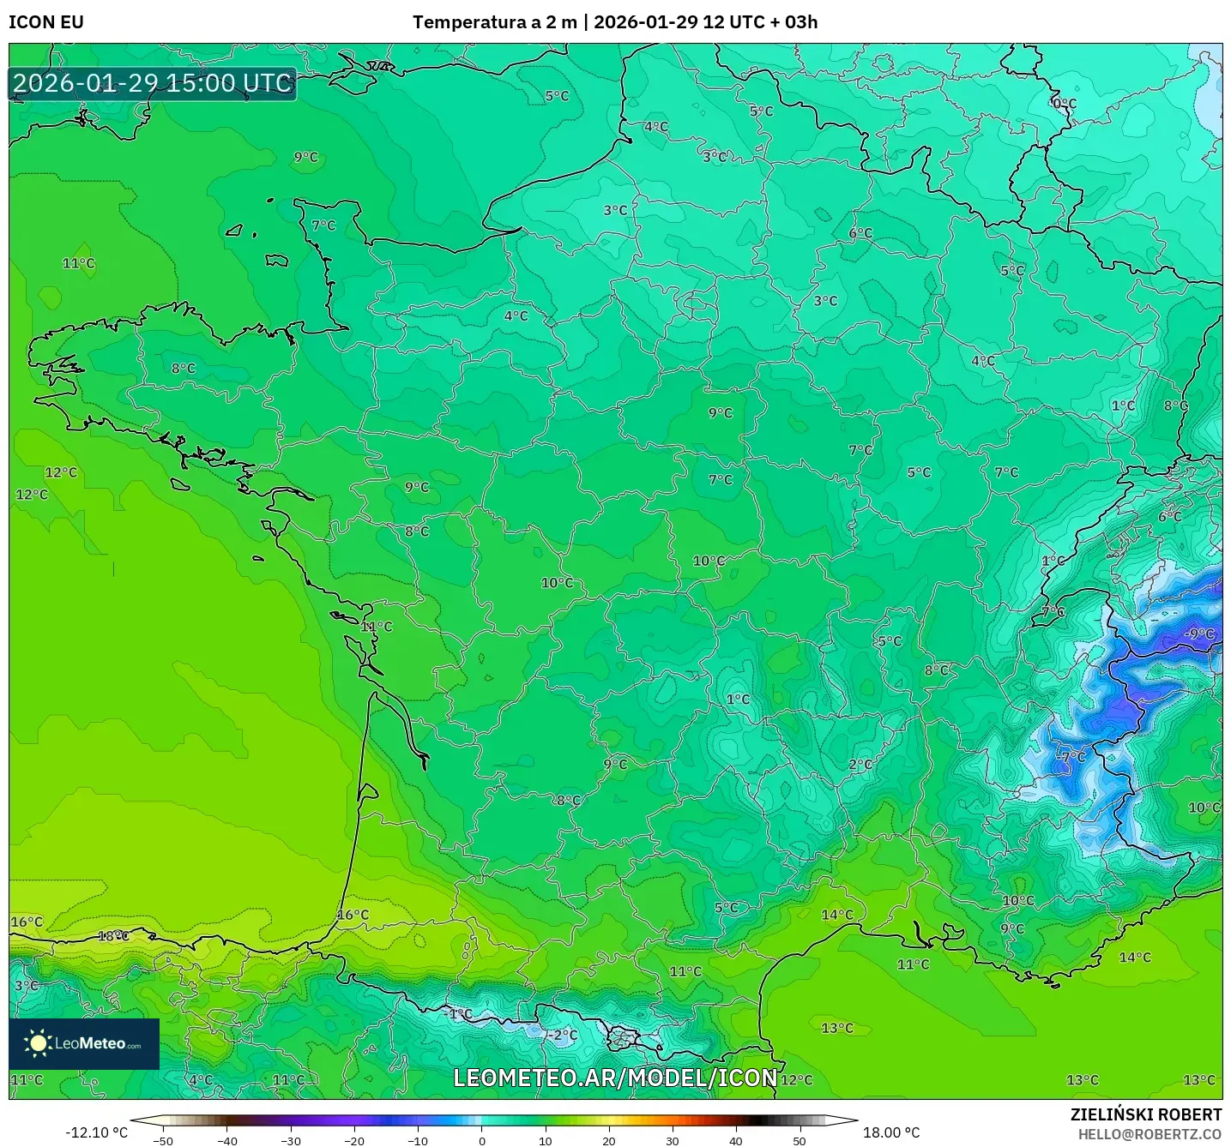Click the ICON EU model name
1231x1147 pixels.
46,22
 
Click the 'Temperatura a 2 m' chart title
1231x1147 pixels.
494,22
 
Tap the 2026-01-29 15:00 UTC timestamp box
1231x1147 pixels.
153,84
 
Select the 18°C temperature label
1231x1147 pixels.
113,936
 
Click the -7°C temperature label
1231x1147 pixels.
1072,757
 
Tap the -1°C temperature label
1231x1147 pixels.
458,1014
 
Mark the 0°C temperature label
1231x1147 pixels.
1064,104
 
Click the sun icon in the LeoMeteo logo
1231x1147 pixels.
38,1043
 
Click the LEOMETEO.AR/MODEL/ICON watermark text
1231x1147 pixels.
615,1078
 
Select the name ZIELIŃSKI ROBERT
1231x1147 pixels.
1145,1115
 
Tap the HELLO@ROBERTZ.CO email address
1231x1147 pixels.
1150,1134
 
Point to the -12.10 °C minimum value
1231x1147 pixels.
96,1132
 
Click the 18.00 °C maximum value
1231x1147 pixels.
891,1132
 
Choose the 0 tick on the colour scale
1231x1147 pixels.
482,1141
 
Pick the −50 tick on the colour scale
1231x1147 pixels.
163,1141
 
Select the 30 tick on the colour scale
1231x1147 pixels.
673,1141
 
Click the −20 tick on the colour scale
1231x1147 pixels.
354,1141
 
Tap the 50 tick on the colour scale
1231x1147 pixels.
800,1141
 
